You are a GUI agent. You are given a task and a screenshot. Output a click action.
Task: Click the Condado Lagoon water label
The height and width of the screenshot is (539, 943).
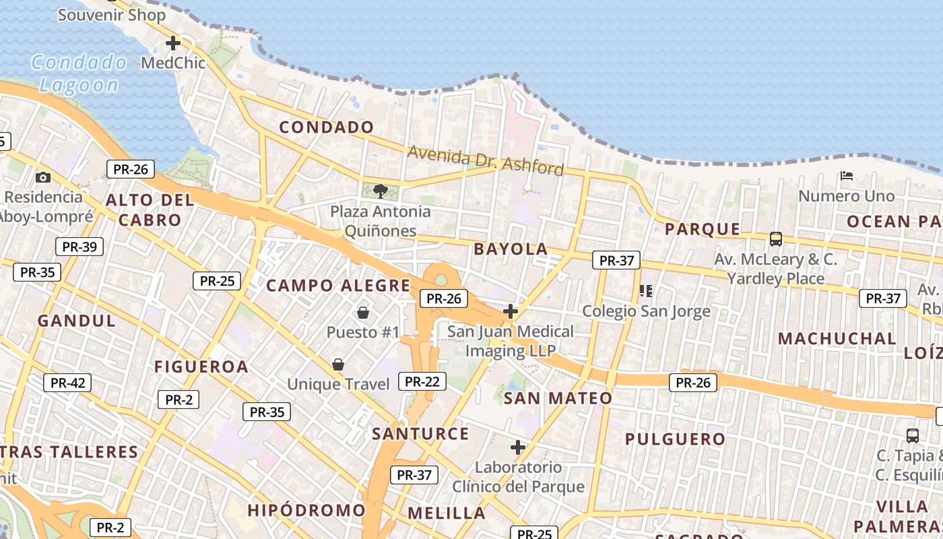coord(78,73)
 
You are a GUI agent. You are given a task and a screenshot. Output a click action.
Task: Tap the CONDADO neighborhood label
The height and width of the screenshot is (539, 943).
coord(326,127)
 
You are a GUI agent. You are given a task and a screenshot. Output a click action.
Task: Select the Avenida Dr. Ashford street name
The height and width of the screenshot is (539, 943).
coord(485,160)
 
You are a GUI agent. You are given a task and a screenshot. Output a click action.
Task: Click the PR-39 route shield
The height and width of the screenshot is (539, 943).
coord(79,247)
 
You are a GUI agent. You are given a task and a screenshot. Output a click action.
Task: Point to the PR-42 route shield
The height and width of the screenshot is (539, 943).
coord(67,383)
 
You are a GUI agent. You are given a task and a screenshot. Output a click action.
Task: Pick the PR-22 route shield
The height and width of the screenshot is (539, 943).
coord(422,381)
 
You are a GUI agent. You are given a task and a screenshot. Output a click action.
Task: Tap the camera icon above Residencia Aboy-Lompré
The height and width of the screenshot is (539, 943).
coord(43,177)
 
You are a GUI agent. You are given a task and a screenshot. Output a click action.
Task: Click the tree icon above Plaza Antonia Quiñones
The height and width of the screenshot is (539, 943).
coord(380,191)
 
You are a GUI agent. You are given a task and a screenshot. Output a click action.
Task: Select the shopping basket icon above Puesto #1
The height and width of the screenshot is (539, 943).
coord(362,313)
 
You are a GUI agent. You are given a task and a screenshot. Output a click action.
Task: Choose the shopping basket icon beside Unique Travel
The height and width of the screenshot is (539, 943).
coord(338,364)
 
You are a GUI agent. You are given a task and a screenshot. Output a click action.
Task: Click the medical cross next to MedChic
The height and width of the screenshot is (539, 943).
coord(173,43)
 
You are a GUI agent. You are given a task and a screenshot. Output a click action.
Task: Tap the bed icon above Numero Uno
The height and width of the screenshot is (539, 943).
coord(847,177)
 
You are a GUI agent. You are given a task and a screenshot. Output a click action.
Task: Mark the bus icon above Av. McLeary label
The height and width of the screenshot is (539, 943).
coord(776,239)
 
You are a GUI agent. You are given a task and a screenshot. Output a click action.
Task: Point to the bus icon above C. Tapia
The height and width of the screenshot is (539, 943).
coord(912,435)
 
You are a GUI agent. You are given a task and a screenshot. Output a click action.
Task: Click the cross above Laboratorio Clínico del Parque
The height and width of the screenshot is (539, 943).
coord(517,447)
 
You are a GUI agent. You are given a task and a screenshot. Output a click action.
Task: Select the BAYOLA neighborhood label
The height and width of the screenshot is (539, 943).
coord(511,249)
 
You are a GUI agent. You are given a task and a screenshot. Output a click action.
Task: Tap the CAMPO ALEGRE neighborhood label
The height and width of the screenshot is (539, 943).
coord(338,285)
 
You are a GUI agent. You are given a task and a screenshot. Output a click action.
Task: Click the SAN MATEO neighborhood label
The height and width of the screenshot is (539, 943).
coord(558,398)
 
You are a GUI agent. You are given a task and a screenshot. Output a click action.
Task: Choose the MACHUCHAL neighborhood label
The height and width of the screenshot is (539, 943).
coord(837,338)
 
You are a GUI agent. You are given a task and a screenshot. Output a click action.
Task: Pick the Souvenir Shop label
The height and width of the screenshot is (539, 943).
coord(111,14)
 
